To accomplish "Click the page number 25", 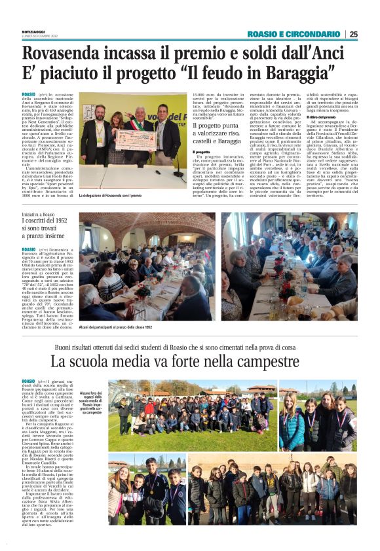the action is (x=354, y=35).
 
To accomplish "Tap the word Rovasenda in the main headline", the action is (x=70, y=52).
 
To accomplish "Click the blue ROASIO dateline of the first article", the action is (x=29, y=95).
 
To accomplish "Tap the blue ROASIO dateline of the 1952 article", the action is (x=29, y=249).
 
